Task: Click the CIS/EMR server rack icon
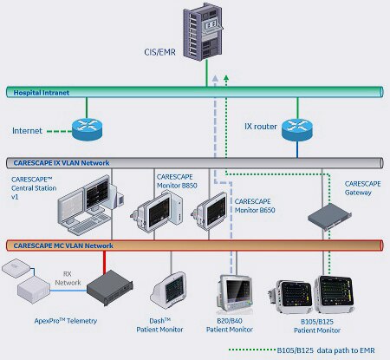203,31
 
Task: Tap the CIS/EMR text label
159,52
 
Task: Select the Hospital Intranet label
42,93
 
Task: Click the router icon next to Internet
87,129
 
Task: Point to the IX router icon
297,129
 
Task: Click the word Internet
27,131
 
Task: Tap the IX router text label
261,127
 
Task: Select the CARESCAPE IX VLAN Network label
62,163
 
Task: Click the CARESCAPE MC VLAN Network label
63,245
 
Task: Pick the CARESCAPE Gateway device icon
329,216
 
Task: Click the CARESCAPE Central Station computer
90,205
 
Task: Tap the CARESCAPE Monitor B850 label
177,181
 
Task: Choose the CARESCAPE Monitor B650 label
255,206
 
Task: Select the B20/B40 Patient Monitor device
234,293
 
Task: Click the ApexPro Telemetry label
66,321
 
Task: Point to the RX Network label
68,278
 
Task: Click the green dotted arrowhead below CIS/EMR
226,77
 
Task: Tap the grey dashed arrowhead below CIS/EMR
215,77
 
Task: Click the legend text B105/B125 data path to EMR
326,350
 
